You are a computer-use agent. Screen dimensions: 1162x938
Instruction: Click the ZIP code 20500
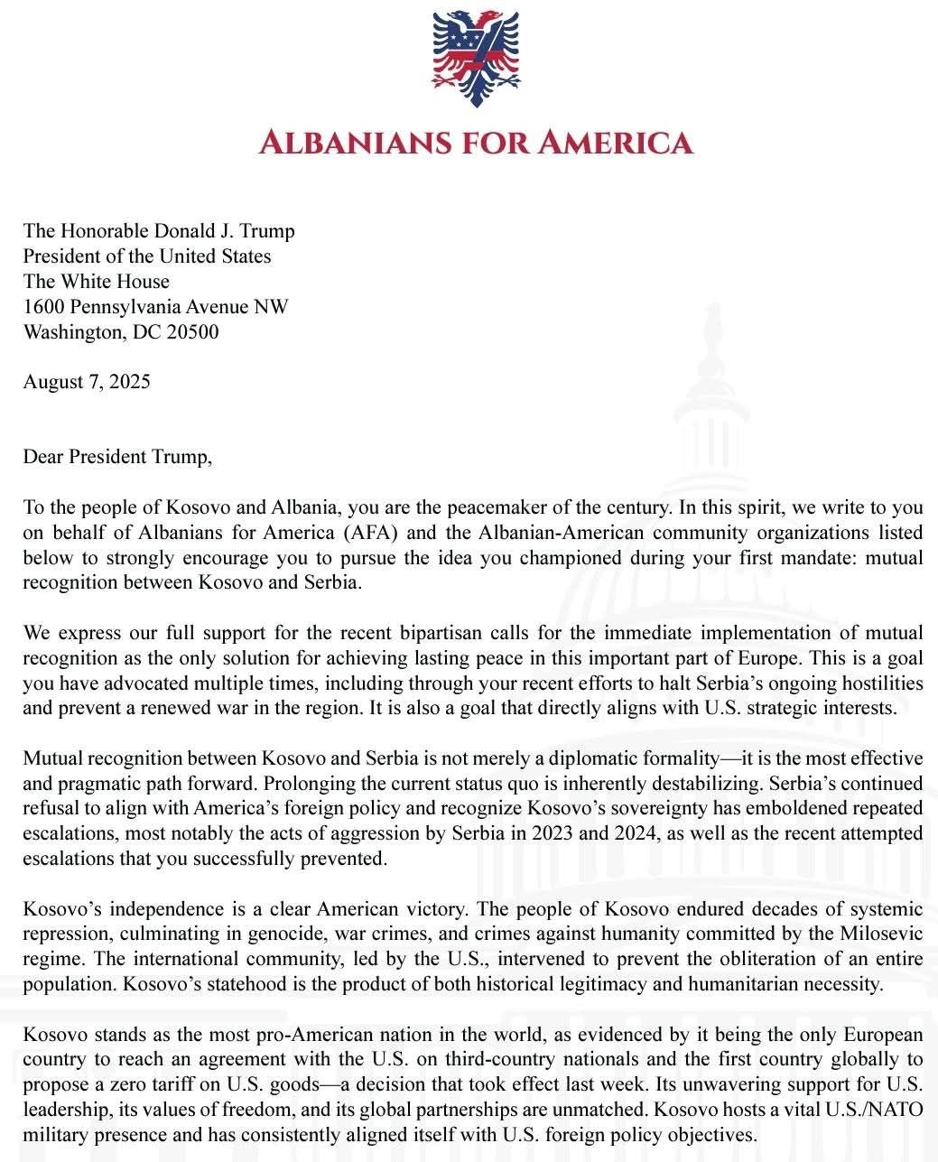point(192,332)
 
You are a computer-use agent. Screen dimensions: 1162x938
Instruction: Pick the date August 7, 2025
point(87,382)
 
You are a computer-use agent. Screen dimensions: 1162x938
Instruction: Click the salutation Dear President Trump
point(117,457)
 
